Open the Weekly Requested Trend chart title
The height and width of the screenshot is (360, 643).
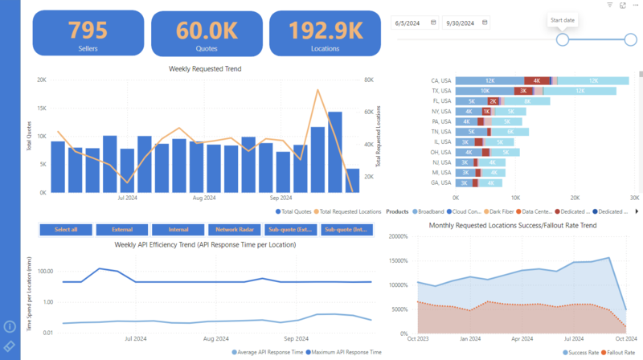pos(205,69)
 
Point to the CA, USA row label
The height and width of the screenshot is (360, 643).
pos(441,81)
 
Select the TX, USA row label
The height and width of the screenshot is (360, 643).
pos(441,92)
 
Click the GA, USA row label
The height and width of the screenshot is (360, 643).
pos(441,182)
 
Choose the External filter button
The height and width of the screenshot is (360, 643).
pos(121,229)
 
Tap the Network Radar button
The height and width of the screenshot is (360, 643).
pos(233,229)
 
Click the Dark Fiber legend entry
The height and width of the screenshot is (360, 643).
pos(502,211)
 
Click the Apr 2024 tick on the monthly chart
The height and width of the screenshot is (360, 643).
pos(522,339)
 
